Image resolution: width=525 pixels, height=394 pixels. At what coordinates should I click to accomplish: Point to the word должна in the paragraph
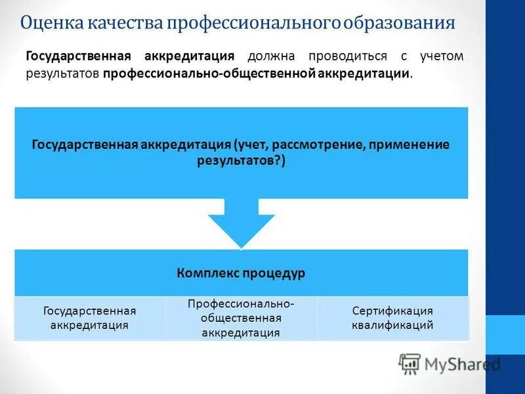pos(269,56)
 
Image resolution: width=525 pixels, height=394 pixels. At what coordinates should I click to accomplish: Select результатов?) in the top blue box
pos(241,161)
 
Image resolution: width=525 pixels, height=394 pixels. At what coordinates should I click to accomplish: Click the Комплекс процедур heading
pos(241,273)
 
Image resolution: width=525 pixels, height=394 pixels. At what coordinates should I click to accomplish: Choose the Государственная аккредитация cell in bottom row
pos(90,318)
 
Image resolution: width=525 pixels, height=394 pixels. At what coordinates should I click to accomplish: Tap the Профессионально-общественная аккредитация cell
pos(241,318)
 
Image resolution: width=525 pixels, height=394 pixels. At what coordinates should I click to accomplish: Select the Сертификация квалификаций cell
pos(392,318)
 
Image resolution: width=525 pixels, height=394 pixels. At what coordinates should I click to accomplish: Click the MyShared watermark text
pos(463,364)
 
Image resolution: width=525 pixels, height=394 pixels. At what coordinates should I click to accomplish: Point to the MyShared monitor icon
pos(409,364)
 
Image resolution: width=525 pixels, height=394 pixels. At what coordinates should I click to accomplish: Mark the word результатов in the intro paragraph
pos(62,74)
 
